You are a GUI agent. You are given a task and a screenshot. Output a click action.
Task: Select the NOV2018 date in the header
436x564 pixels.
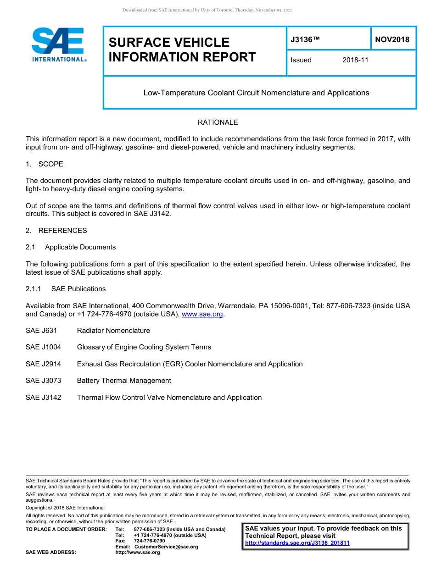[392, 39]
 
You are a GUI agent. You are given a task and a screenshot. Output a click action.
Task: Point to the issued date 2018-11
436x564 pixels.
[355, 60]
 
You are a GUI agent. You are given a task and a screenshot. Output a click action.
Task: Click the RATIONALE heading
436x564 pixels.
[218, 122]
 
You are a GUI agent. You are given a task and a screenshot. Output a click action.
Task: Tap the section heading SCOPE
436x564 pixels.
[50, 164]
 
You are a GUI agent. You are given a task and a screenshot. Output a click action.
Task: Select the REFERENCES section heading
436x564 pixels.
[62, 231]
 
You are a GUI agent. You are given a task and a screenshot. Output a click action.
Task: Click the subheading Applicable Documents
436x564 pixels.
[80, 247]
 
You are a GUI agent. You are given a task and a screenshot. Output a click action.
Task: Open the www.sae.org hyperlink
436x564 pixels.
[202, 314]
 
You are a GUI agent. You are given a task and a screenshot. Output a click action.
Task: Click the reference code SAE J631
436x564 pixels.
[41, 331]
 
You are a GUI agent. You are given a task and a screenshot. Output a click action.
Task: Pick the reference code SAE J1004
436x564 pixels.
[43, 347]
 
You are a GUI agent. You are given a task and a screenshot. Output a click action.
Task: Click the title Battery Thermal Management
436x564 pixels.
[124, 381]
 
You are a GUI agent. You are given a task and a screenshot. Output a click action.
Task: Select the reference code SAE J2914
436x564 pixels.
[43, 364]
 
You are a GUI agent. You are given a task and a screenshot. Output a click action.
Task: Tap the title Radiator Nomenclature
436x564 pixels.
[113, 331]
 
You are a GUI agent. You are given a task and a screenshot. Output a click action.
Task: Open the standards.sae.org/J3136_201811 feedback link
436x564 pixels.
[297, 543]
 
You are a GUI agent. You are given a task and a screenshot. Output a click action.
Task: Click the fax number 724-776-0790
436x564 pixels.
[149, 541]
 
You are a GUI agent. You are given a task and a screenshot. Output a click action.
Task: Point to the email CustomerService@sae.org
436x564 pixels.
[166, 547]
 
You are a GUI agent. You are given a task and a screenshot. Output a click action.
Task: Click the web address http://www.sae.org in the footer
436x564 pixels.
[138, 552]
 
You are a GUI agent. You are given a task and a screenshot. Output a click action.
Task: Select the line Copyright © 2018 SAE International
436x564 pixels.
[65, 508]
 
